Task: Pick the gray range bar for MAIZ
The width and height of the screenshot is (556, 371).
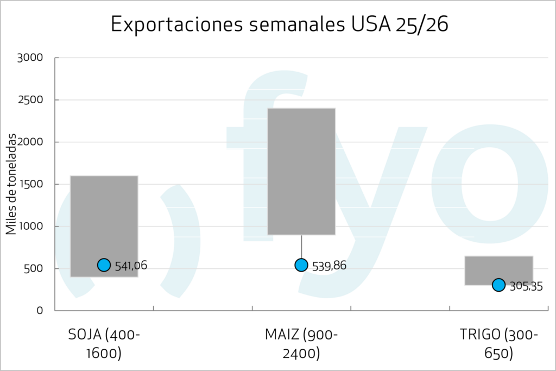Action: pos(301,171)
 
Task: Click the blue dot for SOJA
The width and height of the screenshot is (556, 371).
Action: pos(104,265)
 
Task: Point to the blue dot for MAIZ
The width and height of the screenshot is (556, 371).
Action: pos(301,265)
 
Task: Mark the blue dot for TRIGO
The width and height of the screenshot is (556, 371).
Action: pos(498,285)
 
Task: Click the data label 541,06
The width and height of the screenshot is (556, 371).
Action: pos(131,266)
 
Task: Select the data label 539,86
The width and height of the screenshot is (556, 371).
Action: pos(329,266)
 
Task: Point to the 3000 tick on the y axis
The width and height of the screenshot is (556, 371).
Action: pos(32,58)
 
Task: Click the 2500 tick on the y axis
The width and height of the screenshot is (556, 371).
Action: pos(32,100)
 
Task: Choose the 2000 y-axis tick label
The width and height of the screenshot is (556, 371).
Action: pos(32,142)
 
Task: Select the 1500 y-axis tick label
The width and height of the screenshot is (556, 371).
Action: pos(32,184)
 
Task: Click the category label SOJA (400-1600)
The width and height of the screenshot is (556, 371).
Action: pos(104,344)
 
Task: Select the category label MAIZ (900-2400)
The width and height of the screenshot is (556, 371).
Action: pos(301,344)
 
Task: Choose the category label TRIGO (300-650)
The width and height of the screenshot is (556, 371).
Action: pos(498,344)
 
